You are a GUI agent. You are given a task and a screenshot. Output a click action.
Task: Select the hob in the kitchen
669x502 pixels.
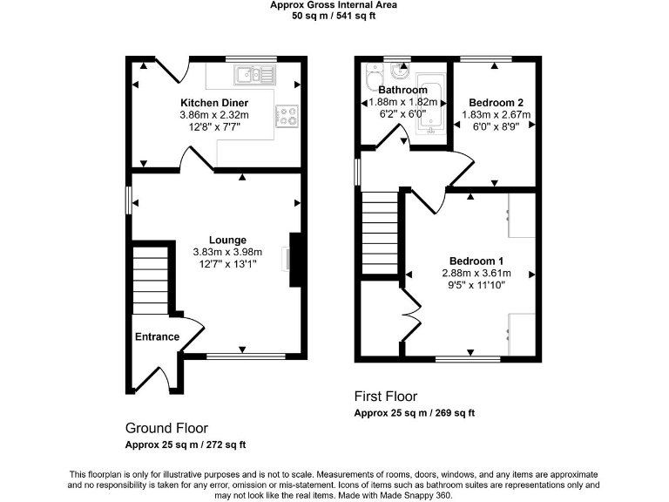287,114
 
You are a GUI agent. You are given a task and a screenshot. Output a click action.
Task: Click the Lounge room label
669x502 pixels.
226,240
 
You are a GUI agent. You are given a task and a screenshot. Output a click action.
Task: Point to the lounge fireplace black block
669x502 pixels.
295,259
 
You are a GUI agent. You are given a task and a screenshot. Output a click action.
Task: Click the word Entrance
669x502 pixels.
157,337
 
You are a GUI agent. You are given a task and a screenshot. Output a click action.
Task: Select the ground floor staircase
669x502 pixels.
149,279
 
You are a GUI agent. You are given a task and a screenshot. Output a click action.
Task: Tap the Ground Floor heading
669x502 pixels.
166,428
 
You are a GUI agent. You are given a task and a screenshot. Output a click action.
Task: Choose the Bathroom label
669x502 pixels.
402,90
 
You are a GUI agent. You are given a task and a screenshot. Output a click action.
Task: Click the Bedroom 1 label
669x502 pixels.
476,261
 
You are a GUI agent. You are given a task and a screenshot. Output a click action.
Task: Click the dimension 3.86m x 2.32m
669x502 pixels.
213,114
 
